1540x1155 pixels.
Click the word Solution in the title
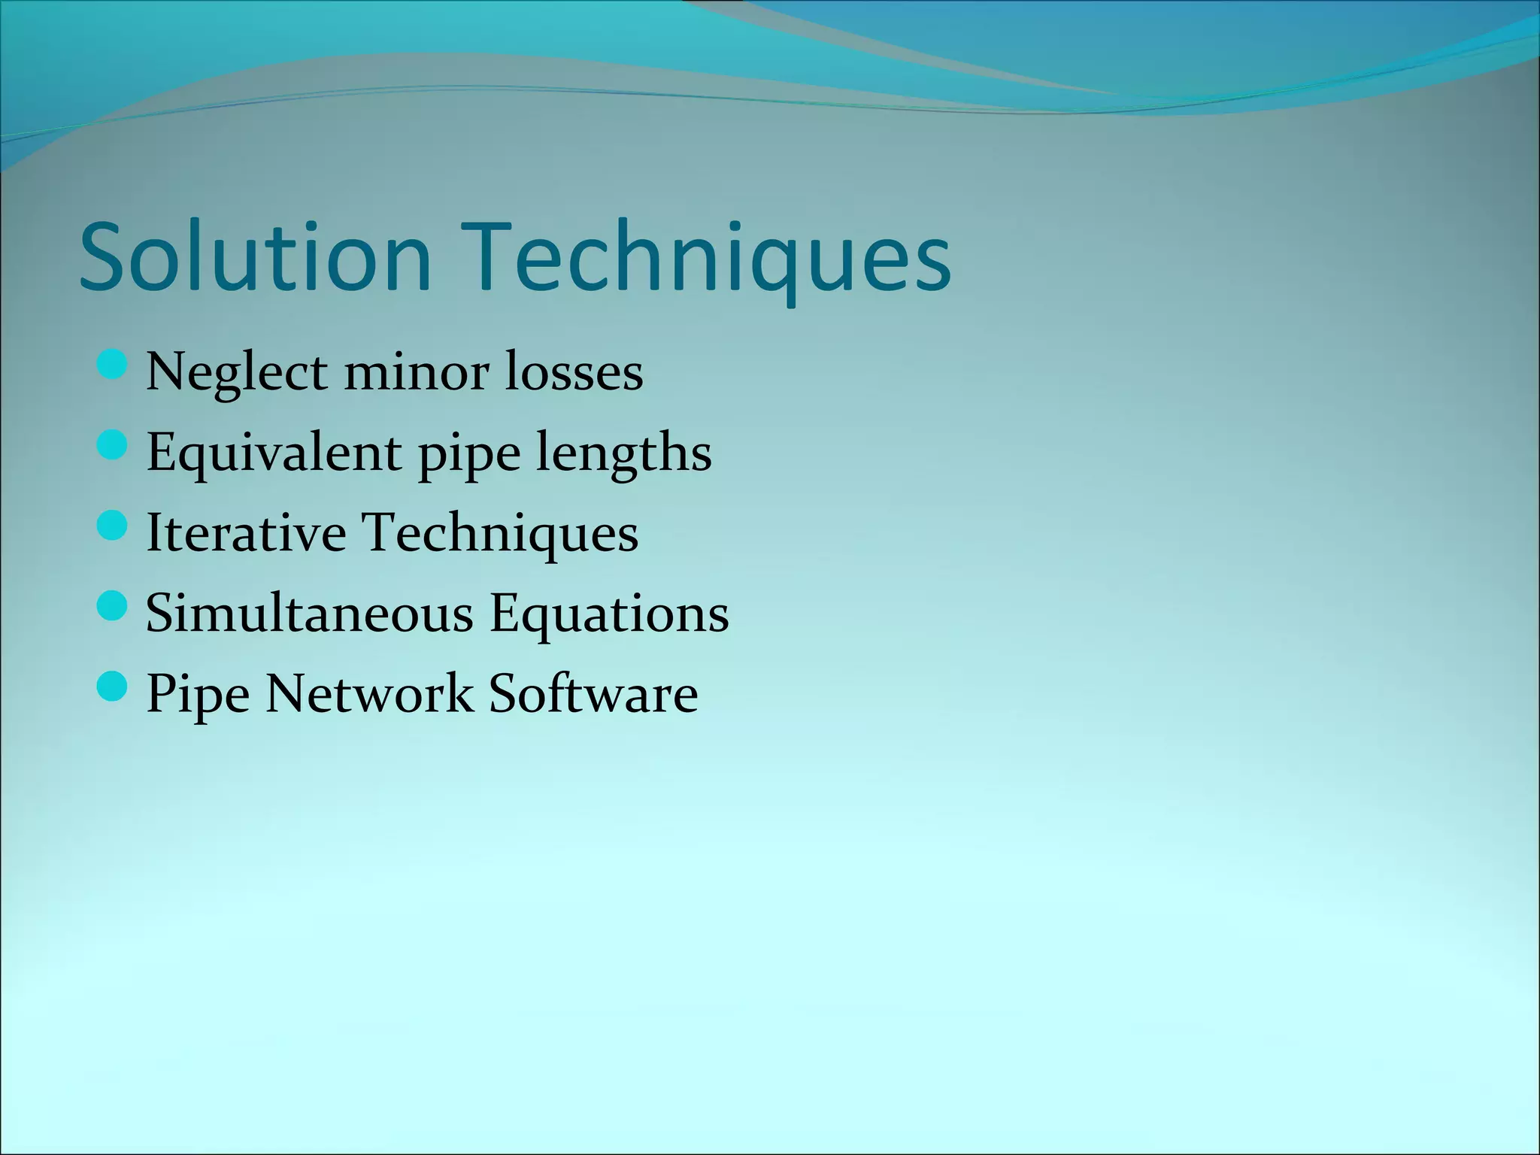(255, 257)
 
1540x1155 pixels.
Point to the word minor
(416, 372)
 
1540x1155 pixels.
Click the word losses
(574, 372)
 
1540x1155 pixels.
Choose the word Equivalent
(274, 453)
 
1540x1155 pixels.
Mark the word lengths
(624, 453)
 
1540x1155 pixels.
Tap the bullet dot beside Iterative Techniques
(113, 526)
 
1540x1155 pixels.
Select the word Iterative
(246, 533)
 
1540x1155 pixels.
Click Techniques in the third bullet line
(501, 533)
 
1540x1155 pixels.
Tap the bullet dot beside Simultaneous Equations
(113, 606)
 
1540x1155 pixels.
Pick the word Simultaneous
(309, 614)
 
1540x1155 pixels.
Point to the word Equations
(609, 614)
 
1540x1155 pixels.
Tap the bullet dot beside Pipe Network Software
(113, 687)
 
